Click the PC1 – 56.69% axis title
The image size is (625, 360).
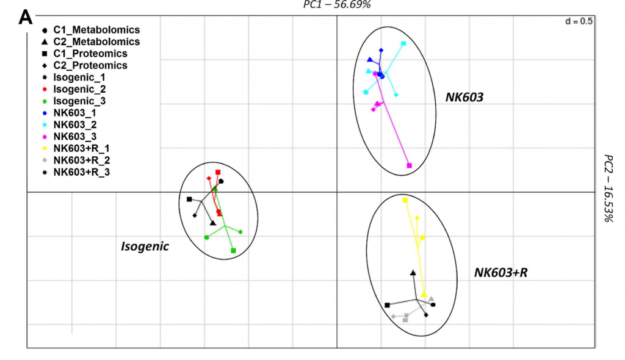pos(338,4)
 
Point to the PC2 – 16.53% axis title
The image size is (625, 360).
pos(608,188)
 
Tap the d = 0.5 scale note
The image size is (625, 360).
pos(579,21)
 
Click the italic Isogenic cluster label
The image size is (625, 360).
pos(145,247)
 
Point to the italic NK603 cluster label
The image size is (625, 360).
pos(463,96)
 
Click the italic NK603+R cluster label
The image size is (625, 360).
pos(500,273)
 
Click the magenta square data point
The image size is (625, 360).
pos(410,165)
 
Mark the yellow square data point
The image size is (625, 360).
pos(405,200)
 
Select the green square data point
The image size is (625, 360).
pos(234,250)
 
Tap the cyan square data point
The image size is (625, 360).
pos(403,44)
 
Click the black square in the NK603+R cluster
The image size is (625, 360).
pos(387,305)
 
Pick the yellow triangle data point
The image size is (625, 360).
pos(424,295)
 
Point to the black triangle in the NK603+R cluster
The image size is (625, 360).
pos(413,273)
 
